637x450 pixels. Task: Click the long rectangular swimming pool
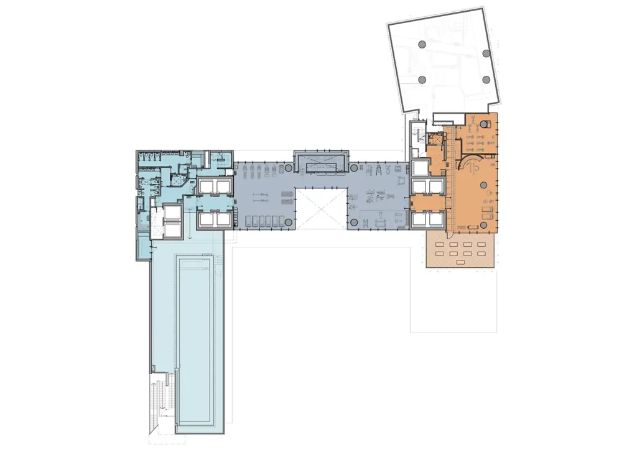point(200,342)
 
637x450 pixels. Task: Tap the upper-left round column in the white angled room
point(422,44)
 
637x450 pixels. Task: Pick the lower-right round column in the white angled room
point(486,80)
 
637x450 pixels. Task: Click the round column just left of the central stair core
point(287,168)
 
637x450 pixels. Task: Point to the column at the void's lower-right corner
point(353,222)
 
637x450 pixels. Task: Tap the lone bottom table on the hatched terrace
point(460,264)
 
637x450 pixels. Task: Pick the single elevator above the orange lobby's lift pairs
point(420,168)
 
